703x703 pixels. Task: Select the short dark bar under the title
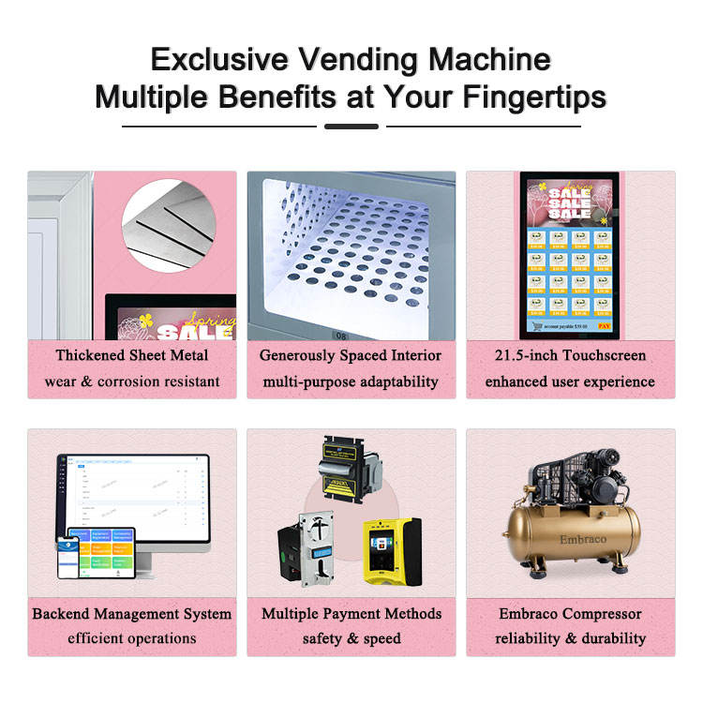351,126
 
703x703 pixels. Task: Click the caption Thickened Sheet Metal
132,355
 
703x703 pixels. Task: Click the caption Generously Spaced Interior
351,355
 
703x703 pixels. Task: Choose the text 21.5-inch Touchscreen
570,355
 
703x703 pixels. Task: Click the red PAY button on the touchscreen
604,327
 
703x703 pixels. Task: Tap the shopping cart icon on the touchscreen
537,327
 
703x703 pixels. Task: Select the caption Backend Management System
132,614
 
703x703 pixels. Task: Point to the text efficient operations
132,638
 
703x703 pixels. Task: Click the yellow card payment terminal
391,551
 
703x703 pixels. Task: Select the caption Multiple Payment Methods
351,614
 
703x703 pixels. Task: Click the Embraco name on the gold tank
570,540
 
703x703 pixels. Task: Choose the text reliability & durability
570,638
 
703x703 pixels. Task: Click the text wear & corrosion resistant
132,381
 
